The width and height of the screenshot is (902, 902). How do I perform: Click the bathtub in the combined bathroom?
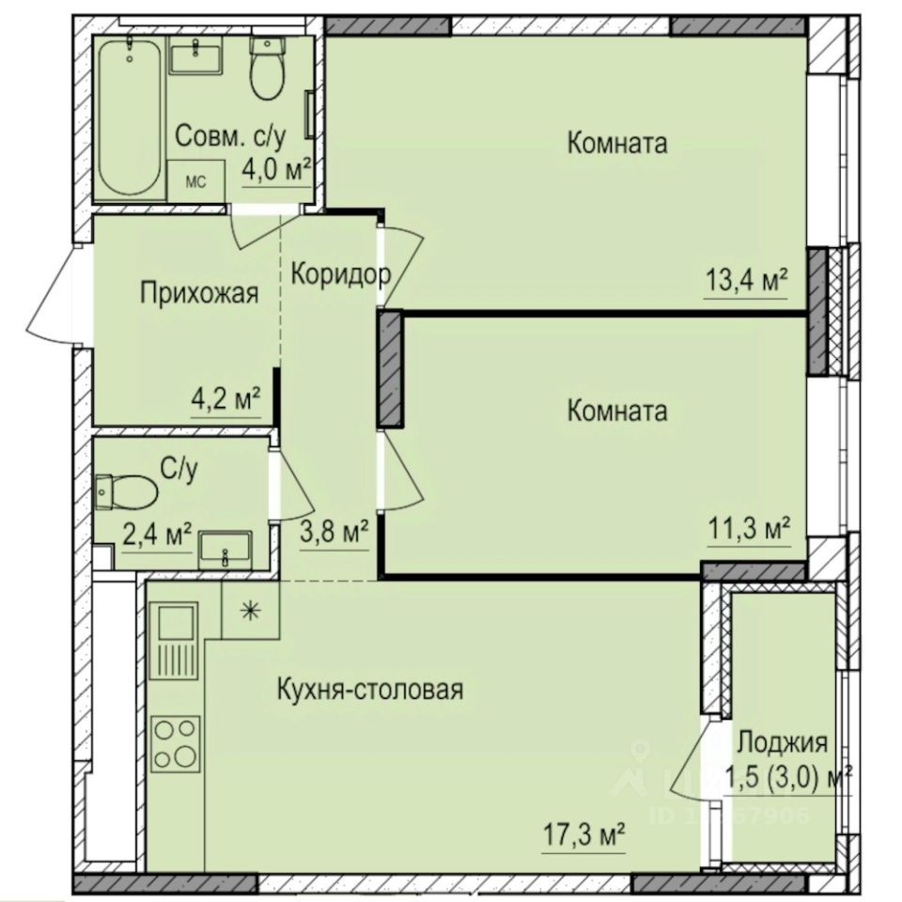[130, 117]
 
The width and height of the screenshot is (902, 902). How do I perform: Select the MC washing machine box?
[195, 181]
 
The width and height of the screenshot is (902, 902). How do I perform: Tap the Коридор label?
[340, 274]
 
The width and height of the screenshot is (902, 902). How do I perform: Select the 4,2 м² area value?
[225, 400]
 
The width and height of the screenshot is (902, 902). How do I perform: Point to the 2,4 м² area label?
[157, 536]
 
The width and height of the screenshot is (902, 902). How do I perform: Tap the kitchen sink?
[176, 625]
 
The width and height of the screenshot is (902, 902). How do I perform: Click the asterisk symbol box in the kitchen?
[250, 611]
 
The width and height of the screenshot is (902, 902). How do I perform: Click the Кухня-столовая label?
[370, 690]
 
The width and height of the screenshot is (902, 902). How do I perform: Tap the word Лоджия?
[782, 743]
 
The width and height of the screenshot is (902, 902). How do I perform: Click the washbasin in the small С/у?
[225, 548]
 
